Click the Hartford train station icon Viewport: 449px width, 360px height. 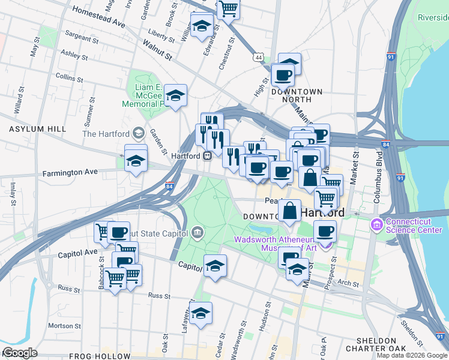tap(206, 155)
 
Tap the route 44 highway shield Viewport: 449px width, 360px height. tap(258, 56)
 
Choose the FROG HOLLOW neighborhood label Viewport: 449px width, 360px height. tap(107, 356)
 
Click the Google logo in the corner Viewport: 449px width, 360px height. tap(20, 353)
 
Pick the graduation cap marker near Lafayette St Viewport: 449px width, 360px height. tap(202, 312)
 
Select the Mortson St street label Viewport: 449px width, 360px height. tap(60, 325)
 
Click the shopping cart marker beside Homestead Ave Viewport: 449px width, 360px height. tap(228, 9)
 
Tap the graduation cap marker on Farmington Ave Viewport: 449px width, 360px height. tap(136, 159)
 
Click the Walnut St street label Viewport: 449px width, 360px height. tap(157, 50)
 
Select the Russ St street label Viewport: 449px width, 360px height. tap(159, 296)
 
